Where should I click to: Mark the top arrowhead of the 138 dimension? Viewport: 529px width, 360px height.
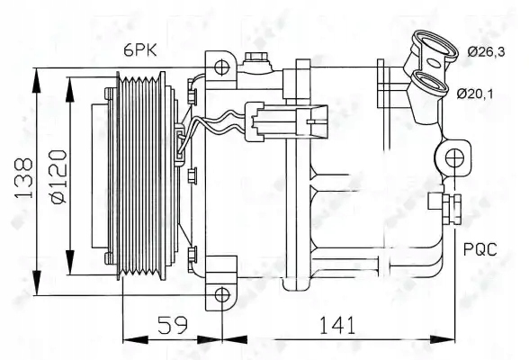tap(36, 73)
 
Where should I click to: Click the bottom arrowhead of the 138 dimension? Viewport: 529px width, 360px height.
tap(36, 287)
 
